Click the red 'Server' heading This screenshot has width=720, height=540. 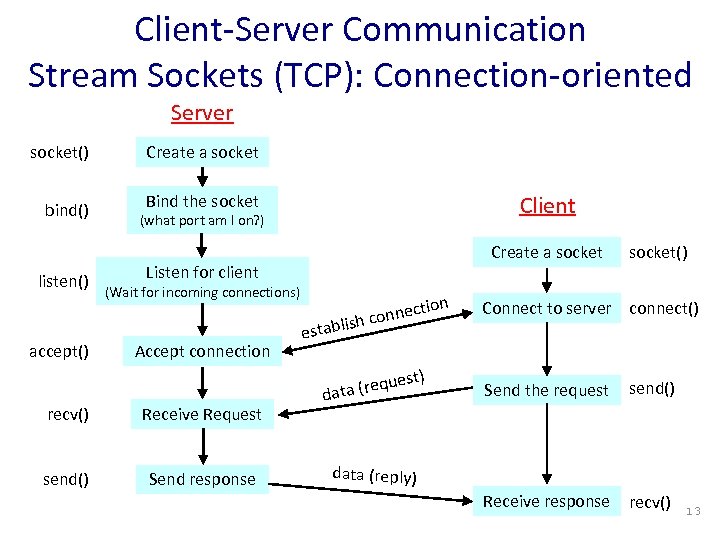pos(201,112)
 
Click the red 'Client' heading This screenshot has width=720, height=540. pos(547,206)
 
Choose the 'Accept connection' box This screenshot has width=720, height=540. pos(203,351)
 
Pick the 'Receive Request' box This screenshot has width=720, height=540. pos(201,414)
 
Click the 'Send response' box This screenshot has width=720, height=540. pos(201,479)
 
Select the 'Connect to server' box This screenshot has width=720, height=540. pos(546,308)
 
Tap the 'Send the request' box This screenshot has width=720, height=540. pos(546,390)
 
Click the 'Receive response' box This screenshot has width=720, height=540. pos(546,501)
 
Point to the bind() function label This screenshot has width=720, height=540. pos(67,210)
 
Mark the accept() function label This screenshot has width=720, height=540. pos(59,350)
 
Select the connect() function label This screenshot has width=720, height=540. pos(663,308)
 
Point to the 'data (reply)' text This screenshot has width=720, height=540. pos(374,475)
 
